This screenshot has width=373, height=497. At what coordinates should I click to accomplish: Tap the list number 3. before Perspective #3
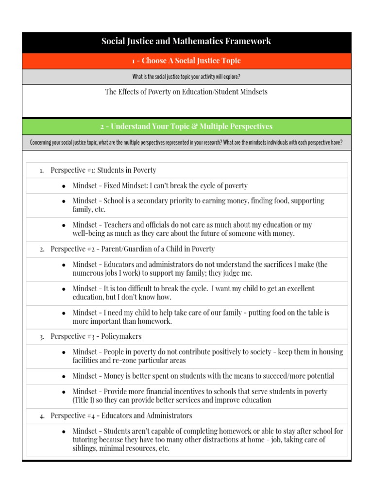(42, 337)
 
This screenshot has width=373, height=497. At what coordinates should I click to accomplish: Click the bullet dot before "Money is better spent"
(64, 377)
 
